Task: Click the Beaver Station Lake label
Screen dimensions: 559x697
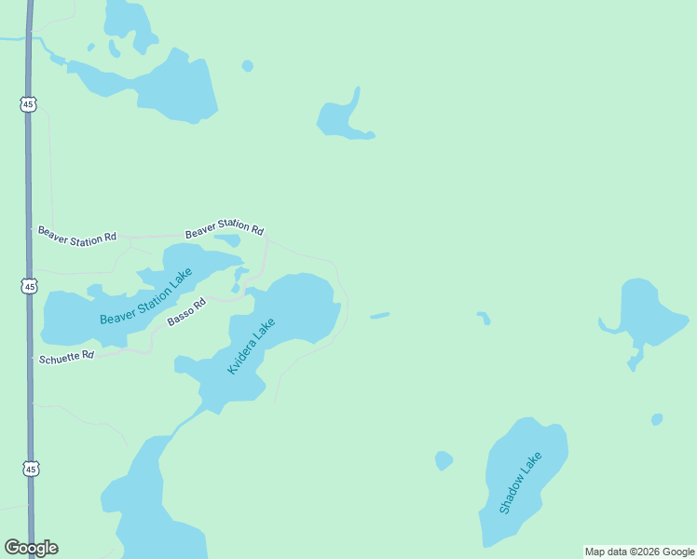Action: coord(145,296)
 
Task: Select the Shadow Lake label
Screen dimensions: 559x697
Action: coord(520,483)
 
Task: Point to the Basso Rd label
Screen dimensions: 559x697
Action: coord(185,315)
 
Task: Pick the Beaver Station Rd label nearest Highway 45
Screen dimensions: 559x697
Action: coord(76,236)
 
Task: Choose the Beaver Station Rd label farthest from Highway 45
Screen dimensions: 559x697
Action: coord(224,227)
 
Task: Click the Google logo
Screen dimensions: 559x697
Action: coord(31,548)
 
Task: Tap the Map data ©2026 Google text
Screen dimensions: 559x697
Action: coord(639,552)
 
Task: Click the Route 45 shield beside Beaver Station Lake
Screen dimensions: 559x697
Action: coord(31,286)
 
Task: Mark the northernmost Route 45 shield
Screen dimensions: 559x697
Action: coord(28,104)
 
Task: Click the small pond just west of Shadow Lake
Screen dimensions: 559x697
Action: coord(444,460)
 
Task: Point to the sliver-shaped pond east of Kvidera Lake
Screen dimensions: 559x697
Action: coord(379,316)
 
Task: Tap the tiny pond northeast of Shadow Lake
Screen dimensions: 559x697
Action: coord(657,419)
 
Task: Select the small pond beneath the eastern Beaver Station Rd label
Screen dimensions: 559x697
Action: coord(229,240)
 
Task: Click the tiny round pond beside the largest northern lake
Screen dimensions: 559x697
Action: coord(247,66)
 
